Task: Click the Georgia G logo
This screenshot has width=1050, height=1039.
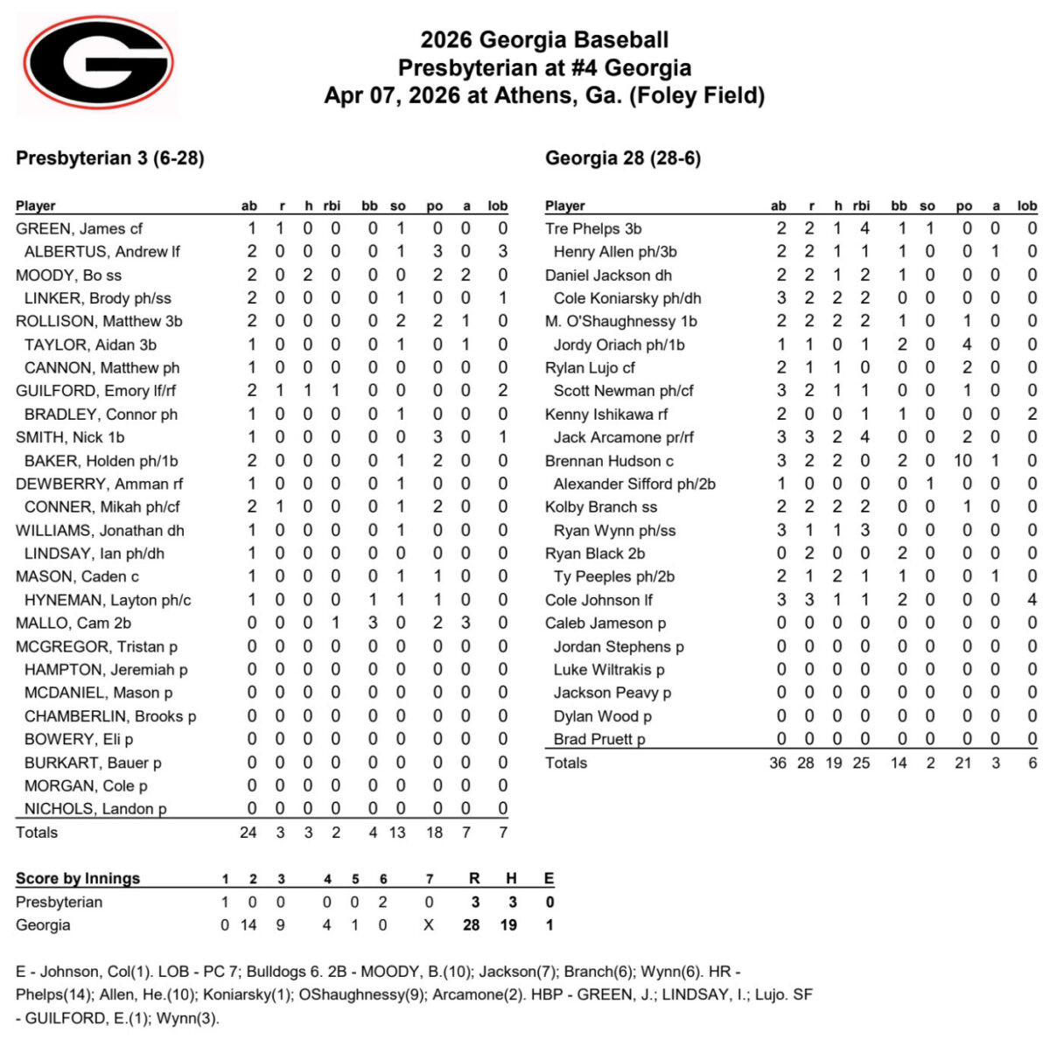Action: pos(97,63)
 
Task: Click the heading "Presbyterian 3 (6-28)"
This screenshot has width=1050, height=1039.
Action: pos(109,158)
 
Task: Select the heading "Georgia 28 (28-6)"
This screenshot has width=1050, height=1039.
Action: pos(622,158)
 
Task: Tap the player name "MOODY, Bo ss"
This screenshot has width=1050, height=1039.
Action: pos(68,275)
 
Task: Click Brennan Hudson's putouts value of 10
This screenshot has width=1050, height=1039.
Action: pos(963,461)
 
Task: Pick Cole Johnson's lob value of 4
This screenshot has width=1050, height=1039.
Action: pos(1032,600)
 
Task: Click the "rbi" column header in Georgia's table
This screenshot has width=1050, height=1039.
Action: pos(861,206)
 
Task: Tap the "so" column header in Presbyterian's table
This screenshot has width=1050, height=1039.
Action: pos(398,206)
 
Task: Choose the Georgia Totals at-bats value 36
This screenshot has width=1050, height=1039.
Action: pos(778,763)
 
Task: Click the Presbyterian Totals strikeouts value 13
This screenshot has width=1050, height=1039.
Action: pos(397,833)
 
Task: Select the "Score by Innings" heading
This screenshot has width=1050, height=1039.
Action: pos(78,879)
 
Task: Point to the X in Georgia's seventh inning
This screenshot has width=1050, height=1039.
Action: pos(429,925)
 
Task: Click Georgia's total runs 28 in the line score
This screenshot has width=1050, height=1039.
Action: pos(472,925)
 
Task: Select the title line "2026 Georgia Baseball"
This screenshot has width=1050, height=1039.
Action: pos(544,40)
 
